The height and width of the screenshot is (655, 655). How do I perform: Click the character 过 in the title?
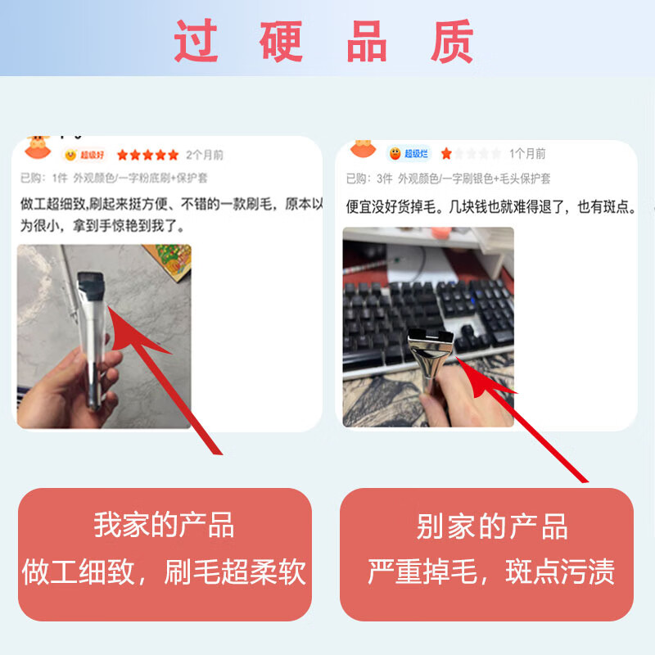pos(196,41)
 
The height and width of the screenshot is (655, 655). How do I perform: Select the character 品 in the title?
pos(368,41)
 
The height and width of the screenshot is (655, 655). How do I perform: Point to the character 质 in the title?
pos(453,41)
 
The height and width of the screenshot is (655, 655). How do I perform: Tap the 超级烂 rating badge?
pos(409,153)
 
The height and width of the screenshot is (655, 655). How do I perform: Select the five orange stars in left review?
pos(147,155)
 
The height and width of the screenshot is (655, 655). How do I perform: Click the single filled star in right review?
pos(446,153)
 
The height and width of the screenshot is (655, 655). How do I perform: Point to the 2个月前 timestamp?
pos(205,155)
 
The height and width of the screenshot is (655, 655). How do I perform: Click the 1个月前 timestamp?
pos(527,153)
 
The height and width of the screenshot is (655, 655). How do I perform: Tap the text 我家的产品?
pos(164,525)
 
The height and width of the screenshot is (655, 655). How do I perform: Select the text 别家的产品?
pos(491,526)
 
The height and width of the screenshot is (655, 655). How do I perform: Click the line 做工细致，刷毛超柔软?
pos(164,571)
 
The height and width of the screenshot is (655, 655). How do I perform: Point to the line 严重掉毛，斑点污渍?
pos(491,571)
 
